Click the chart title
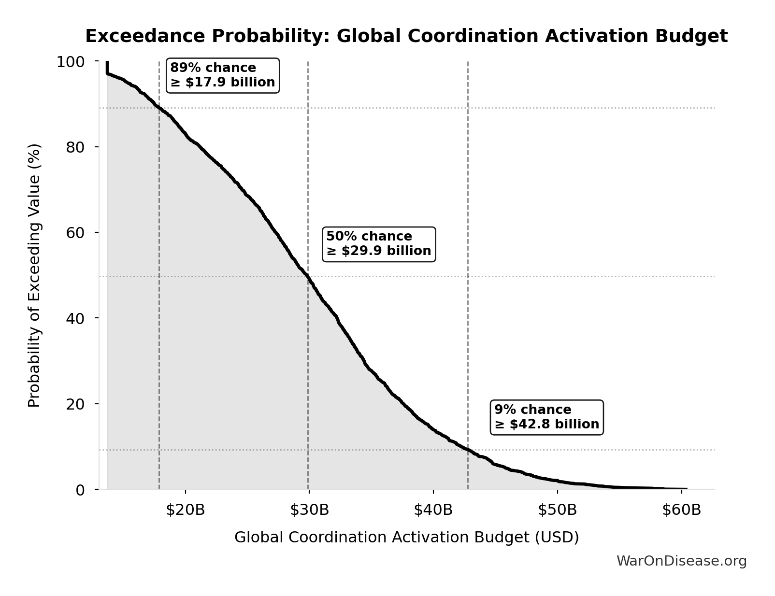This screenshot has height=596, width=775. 406,36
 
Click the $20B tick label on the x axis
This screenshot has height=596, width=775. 186,510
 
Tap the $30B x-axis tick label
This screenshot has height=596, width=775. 309,510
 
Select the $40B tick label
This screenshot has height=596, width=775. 433,510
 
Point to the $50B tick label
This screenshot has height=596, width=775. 558,510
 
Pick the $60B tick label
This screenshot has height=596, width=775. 681,510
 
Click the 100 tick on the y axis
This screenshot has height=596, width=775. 71,62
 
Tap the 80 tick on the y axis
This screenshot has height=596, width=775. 75,147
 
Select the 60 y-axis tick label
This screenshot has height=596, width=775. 75,232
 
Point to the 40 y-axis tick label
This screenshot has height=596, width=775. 75,318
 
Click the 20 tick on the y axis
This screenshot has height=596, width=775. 75,404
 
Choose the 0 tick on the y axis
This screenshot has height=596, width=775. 80,490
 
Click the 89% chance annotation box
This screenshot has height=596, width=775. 223,75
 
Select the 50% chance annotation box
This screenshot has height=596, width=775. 379,244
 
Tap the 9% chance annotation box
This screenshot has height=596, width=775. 546,417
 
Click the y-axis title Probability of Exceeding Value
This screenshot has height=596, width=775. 34,275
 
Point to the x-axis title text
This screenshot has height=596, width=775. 406,538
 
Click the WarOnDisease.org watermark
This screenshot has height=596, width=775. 681,561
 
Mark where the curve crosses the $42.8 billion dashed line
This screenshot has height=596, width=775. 468,450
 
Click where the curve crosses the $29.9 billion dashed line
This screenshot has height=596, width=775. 308,277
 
